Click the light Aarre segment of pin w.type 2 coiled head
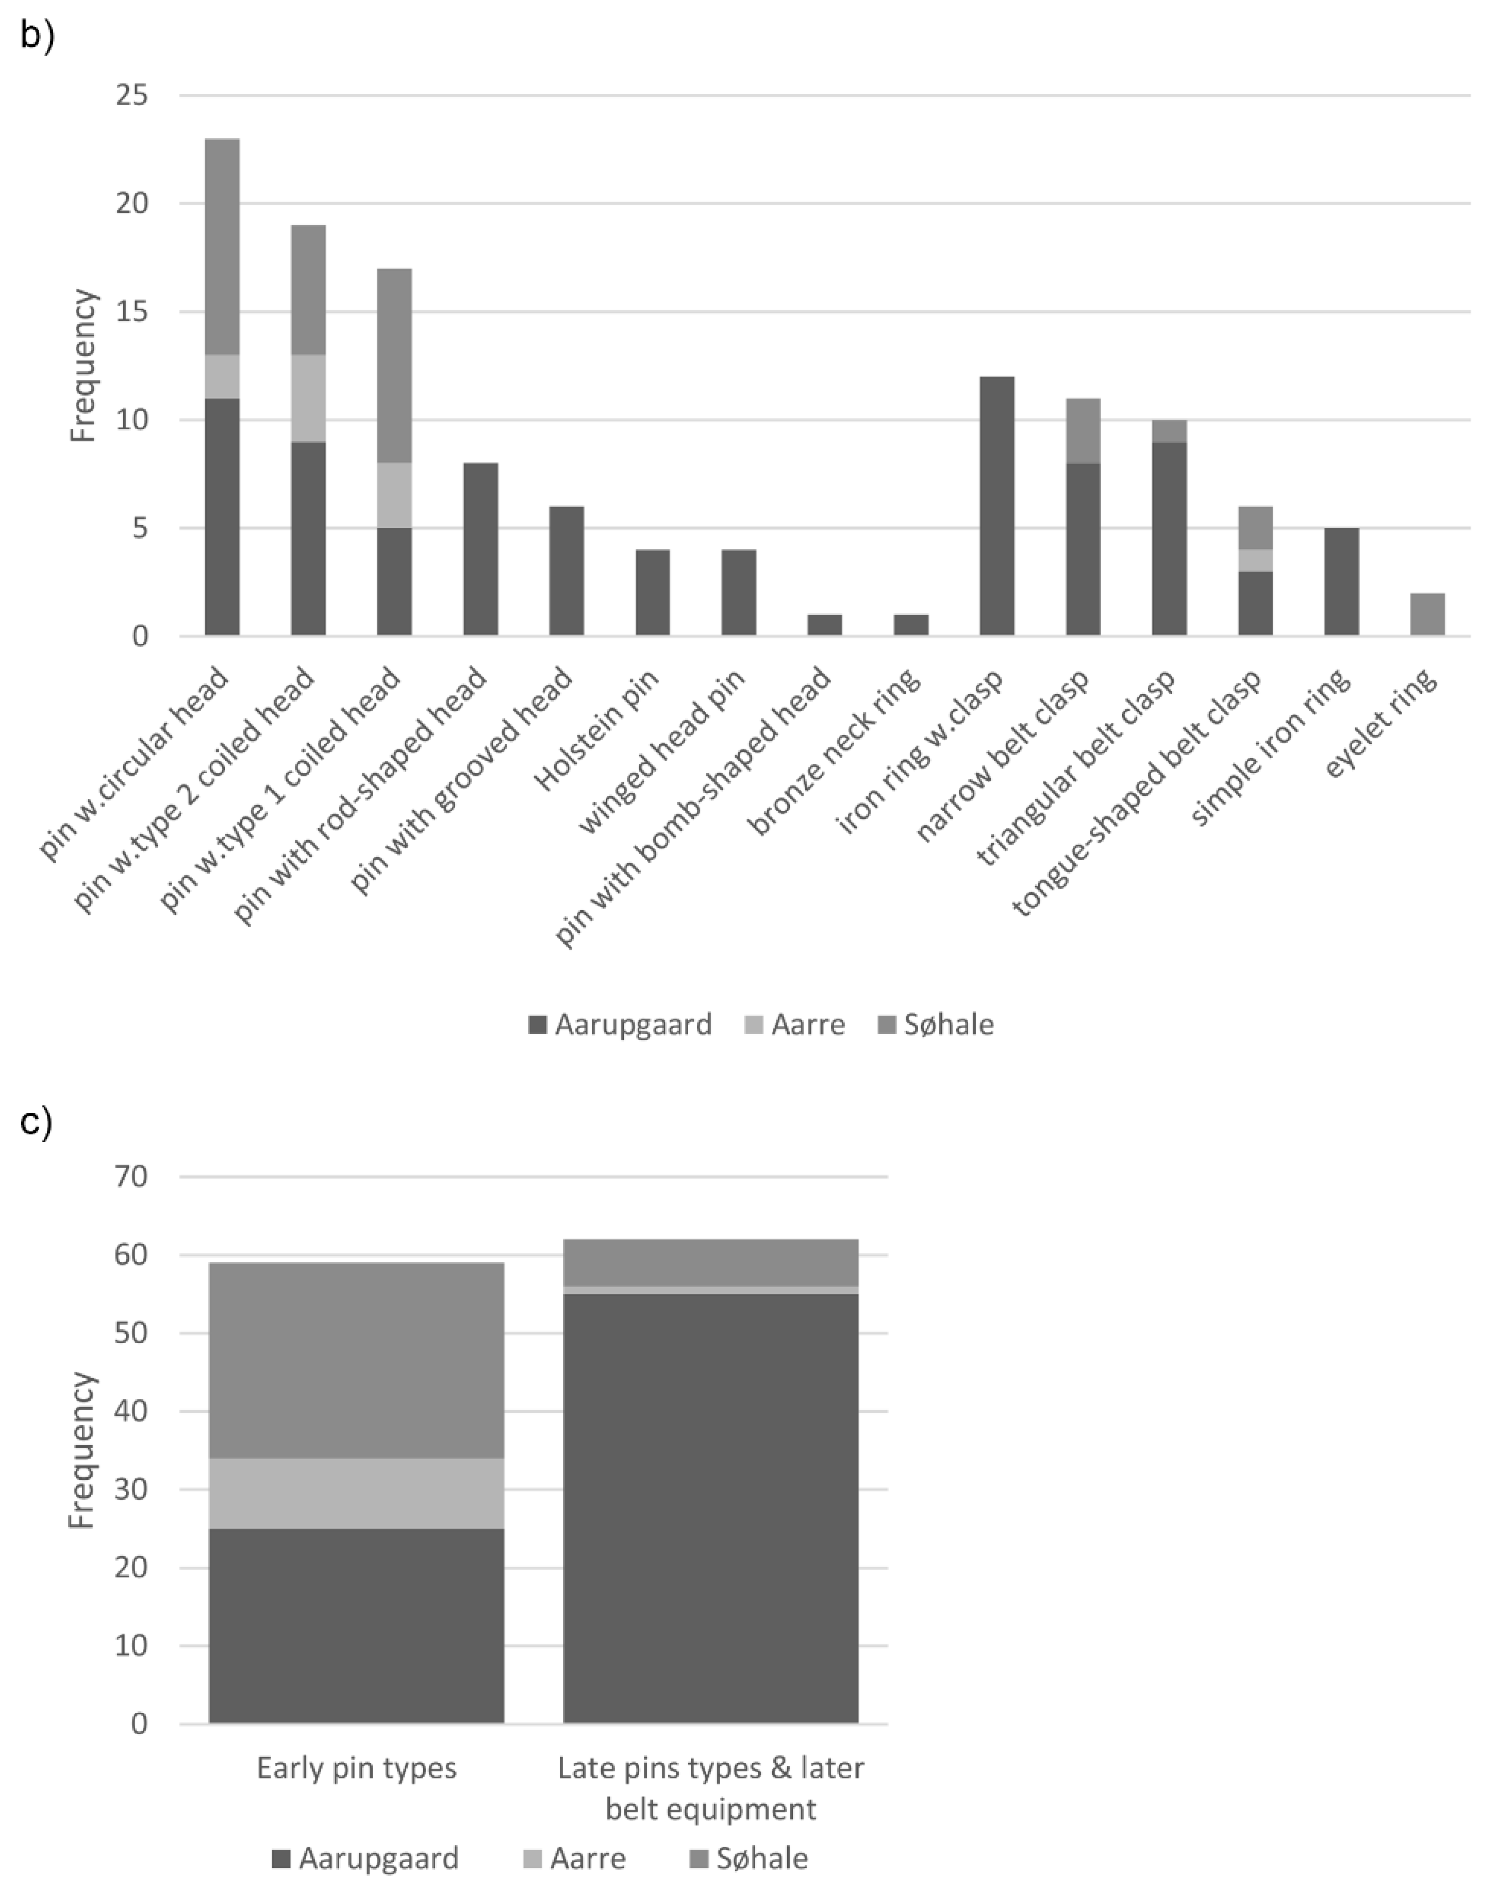click(x=308, y=398)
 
